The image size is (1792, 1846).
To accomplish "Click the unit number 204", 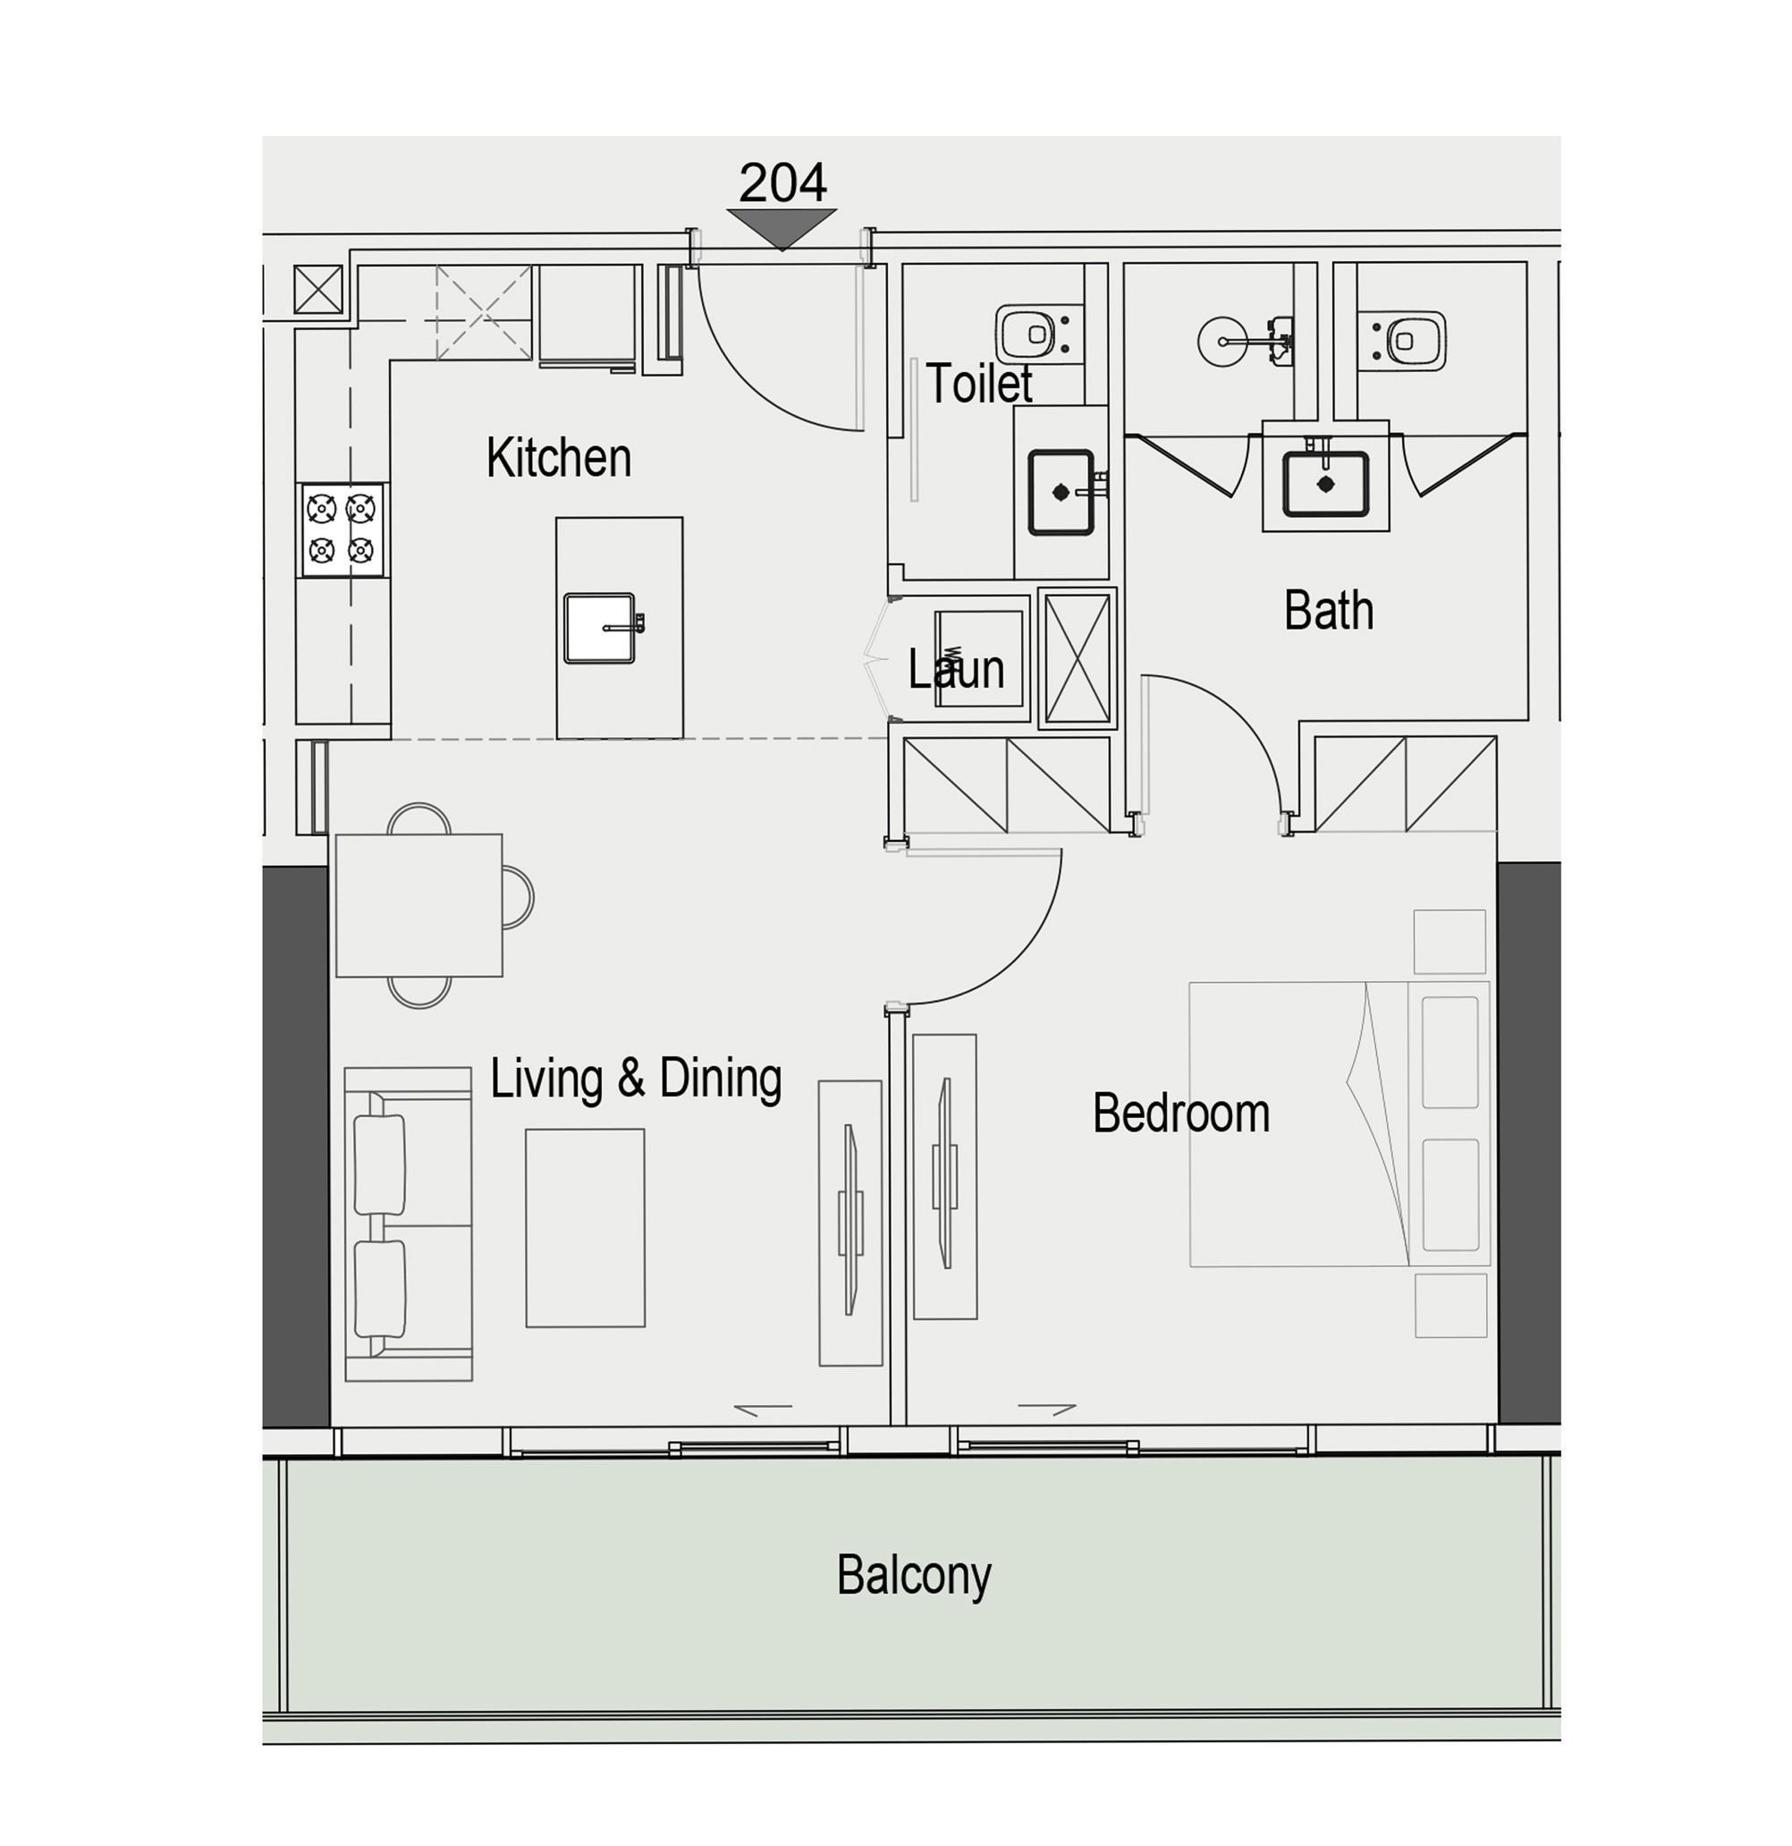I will coord(782,182).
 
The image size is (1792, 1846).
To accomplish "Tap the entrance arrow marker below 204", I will coord(782,227).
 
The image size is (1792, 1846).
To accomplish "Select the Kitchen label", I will coord(558,458).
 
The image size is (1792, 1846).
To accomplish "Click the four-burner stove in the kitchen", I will coord(342,529).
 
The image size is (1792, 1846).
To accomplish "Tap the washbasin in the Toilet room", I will coord(1061,492).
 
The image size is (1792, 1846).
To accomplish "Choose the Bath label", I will coord(1329,610).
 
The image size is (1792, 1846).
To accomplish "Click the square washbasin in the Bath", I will coord(1326,484).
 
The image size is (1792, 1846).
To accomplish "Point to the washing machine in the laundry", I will coord(979,658).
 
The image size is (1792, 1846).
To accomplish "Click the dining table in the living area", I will coord(419,904).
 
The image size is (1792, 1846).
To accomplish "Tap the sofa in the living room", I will coord(408,1224).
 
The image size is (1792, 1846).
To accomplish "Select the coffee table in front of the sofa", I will coord(585,1227).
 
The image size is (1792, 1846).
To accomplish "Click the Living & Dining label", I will coord(636,1079).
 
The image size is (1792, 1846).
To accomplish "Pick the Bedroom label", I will coord(1181,1114).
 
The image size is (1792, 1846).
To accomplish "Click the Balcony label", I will coord(913,1575).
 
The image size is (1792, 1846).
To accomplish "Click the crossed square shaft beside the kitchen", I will coord(318,289).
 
